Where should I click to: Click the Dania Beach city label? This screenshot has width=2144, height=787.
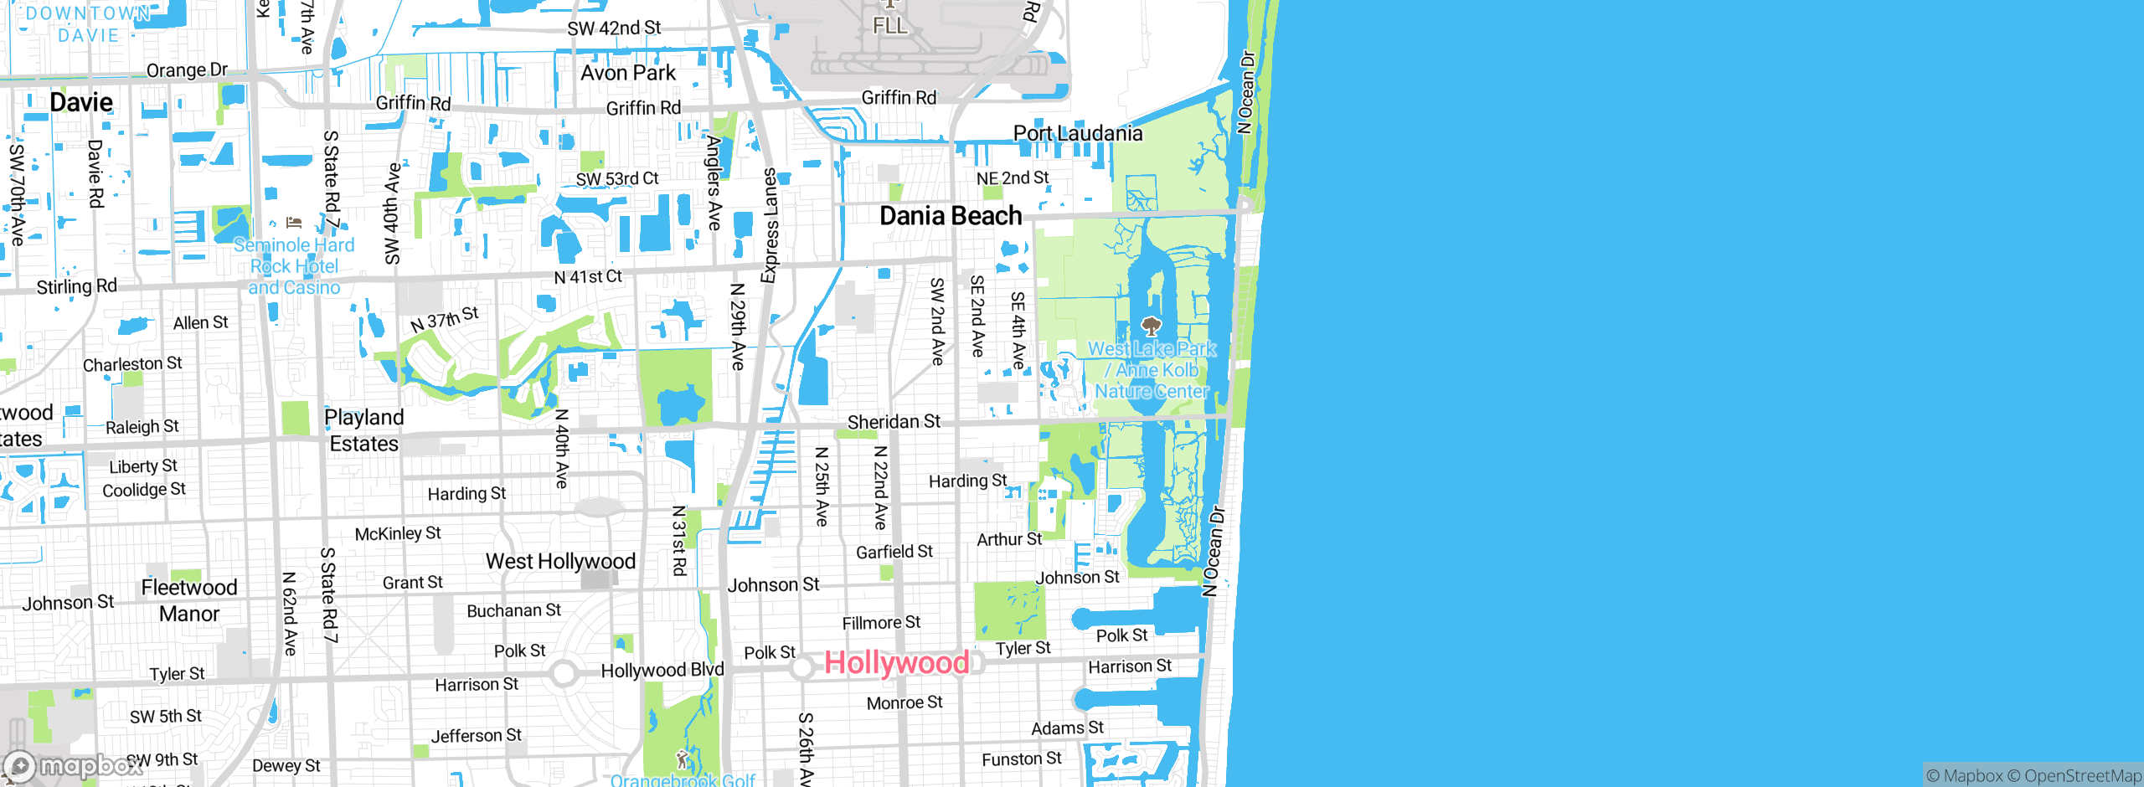951,216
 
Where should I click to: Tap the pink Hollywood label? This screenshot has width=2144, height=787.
896,663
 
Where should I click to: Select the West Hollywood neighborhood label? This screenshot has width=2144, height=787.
560,561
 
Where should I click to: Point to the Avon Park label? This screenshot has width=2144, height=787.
628,73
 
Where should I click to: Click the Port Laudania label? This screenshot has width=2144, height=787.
1077,133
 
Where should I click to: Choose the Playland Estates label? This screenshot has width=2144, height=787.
364,430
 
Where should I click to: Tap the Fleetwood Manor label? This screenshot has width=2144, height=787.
189,600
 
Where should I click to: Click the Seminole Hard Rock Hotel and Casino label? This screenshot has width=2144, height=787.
294,266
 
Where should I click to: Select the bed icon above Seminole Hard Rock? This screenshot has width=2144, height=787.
294,223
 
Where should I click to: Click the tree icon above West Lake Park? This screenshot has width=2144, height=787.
1152,326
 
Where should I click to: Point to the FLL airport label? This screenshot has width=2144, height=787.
889,26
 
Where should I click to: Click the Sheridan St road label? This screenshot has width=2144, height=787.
894,422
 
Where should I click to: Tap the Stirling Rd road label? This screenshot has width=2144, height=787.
76,286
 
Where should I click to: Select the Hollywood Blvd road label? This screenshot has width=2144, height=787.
662,670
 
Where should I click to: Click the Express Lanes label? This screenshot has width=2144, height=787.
770,226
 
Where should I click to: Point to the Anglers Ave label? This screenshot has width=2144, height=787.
714,183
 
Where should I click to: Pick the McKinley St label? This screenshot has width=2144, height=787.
398,533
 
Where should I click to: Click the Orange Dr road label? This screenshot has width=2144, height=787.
187,70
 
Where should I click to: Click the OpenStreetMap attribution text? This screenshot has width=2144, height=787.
2082,776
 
